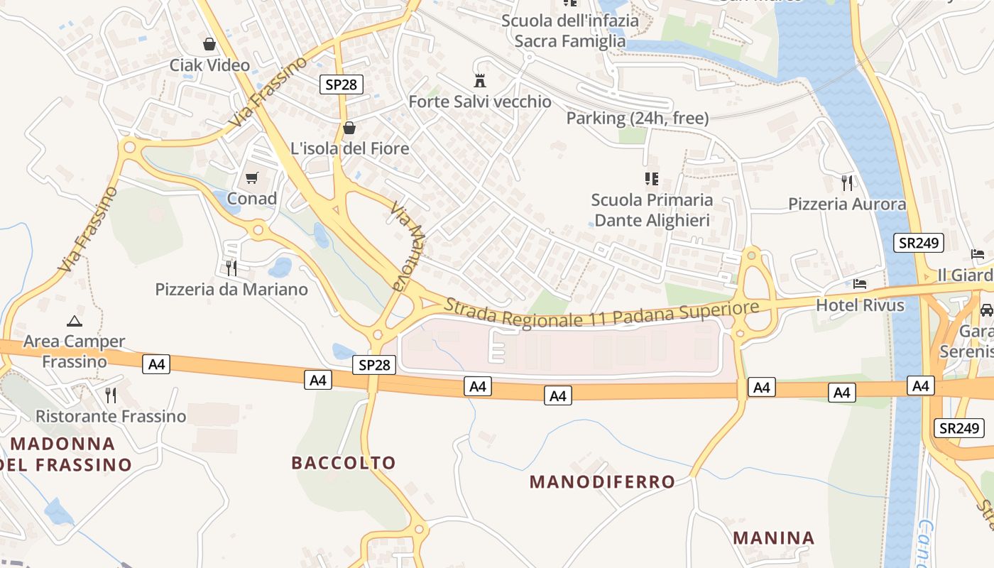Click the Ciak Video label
coord(209,65)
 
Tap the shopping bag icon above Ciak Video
coord(209,45)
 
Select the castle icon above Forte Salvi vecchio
coord(480,80)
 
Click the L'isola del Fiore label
coord(350,148)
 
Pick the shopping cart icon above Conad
coord(252,177)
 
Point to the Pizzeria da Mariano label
coord(231,290)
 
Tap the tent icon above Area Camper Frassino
coord(74,321)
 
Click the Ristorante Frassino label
coord(111,416)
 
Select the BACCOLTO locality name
coord(344,463)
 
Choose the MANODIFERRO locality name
coord(603,482)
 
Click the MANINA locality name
coord(774,537)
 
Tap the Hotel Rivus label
coord(861,305)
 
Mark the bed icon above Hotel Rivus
coord(861,284)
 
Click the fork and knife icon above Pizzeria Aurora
coord(847,183)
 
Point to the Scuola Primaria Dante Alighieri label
coord(652,210)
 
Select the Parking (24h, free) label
coord(638,119)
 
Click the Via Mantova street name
coord(409,248)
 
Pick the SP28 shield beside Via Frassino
coord(341,84)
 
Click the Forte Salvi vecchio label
coord(480,102)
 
